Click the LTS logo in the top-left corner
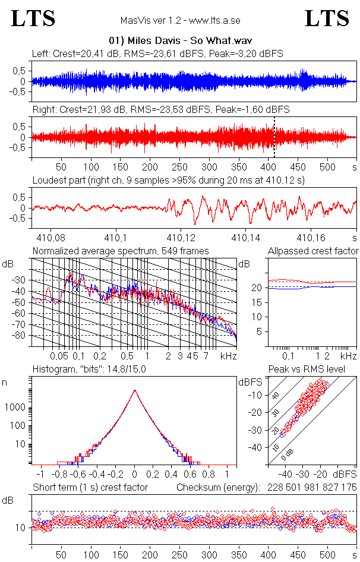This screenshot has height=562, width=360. click(x=33, y=18)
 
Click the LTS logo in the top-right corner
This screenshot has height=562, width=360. click(x=327, y=18)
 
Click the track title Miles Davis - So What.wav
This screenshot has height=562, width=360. click(x=178, y=40)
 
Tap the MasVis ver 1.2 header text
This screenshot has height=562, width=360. click(x=180, y=21)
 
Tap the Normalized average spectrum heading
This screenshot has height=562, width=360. click(x=121, y=251)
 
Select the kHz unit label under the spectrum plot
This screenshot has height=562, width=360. click(x=229, y=356)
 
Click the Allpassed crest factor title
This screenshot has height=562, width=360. click(x=313, y=251)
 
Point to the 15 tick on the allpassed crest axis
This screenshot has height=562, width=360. click(x=258, y=302)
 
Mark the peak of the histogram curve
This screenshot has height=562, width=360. click(x=135, y=391)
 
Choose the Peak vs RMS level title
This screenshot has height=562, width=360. click(x=315, y=370)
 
